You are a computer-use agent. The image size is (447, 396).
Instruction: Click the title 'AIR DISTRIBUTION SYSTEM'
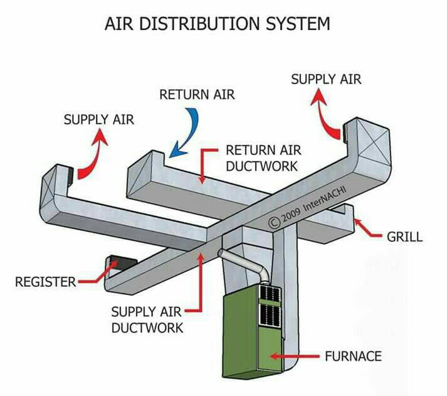tap(217, 23)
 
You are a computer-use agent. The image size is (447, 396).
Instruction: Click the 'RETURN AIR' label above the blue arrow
tap(197, 94)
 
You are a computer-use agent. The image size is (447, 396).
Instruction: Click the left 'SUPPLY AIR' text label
tap(99, 119)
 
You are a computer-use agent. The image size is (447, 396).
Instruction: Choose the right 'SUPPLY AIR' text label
tap(326, 79)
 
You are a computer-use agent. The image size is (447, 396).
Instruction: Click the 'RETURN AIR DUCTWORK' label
tap(263, 158)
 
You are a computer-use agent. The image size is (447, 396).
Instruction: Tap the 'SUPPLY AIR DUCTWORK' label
tap(147, 319)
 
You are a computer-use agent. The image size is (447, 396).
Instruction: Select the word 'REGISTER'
tap(46, 282)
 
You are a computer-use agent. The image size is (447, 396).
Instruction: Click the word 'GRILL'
tap(404, 237)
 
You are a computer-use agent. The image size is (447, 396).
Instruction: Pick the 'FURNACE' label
tap(353, 356)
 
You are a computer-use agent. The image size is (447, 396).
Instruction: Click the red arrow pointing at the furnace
tap(295, 356)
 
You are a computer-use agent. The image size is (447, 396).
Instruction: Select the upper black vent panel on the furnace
tap(270, 292)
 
